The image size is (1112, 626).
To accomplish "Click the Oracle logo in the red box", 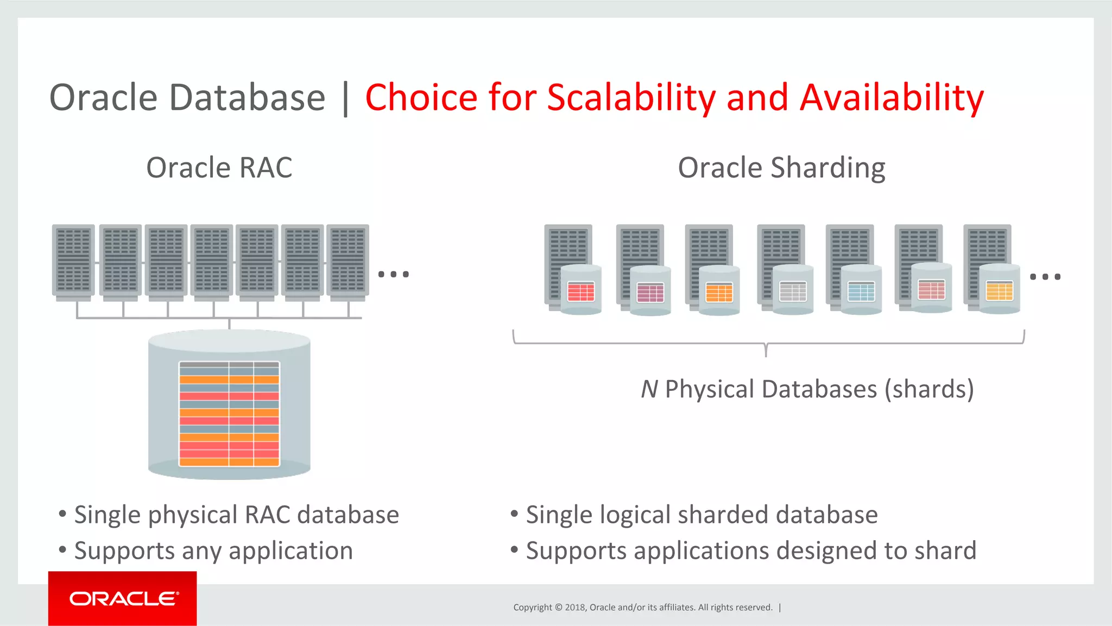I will [x=123, y=598].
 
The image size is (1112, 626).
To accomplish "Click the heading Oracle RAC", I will [x=219, y=167].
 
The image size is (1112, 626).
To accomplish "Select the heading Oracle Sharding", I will [x=781, y=167].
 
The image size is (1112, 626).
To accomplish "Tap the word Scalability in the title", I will [x=631, y=98].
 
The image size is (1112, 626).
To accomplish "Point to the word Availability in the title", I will [x=892, y=98].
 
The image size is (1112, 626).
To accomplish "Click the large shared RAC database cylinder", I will [x=229, y=404].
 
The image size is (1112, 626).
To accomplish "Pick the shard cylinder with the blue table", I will [x=861, y=290].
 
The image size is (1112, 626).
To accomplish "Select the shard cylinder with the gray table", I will [x=793, y=290].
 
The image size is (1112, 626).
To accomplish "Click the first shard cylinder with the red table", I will [x=581, y=290].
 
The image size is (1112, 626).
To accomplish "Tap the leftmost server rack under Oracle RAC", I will [x=73, y=261].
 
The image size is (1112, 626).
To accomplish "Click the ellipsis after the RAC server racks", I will [x=394, y=274].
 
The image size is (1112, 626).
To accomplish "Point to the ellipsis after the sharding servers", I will [x=1045, y=277].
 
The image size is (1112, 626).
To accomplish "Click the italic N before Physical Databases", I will [x=649, y=389].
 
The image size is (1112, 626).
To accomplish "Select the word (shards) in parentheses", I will [x=929, y=389].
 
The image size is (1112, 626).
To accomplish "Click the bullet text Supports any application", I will [x=213, y=551].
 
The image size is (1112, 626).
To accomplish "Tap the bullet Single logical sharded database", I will [x=702, y=515].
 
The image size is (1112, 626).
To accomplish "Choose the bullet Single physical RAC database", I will [x=236, y=515].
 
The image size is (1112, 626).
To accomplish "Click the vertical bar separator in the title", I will [x=345, y=98].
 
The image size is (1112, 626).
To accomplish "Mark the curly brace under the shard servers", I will [x=766, y=344].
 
